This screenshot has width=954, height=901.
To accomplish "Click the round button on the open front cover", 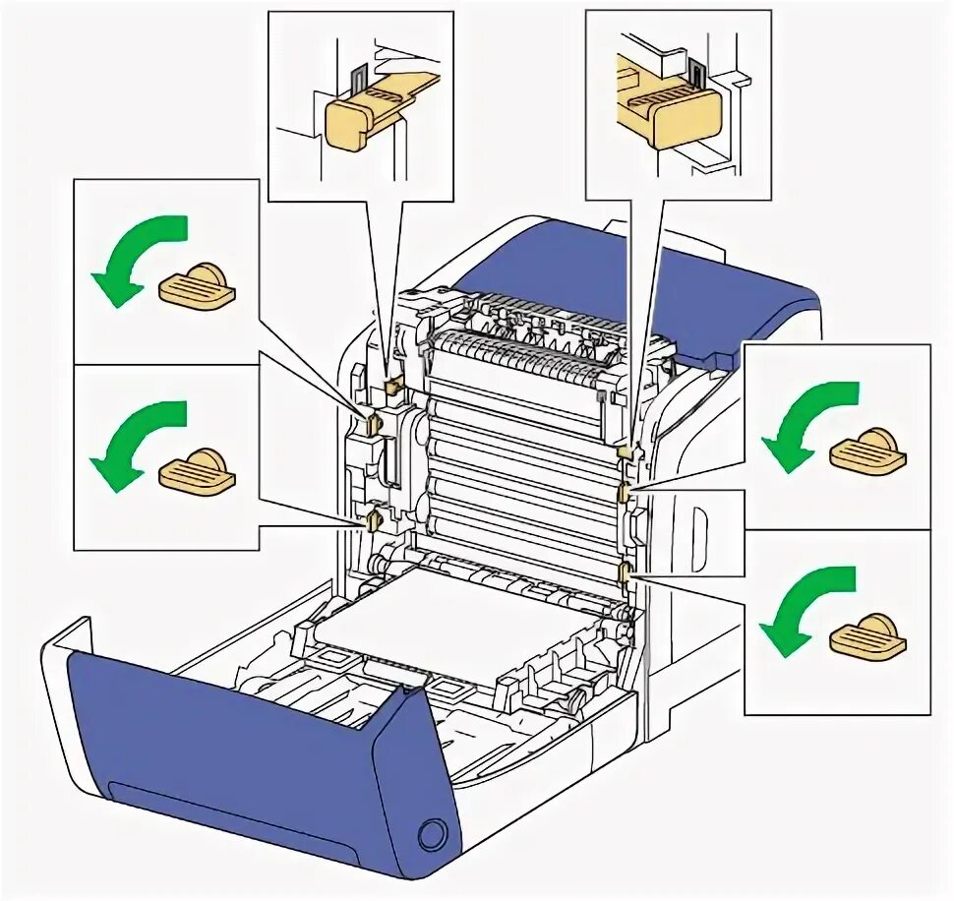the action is [431, 834].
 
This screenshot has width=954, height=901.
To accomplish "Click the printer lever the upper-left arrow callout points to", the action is [373, 424].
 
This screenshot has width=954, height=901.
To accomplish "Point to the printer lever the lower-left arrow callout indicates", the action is [373, 518].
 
